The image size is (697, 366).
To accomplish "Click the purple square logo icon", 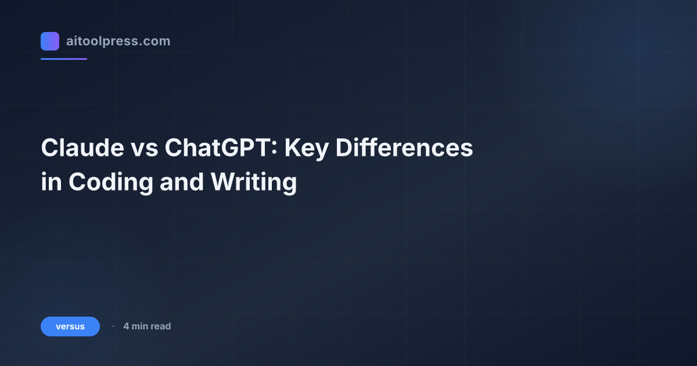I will tap(50, 41).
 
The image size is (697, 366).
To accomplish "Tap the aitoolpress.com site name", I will tap(118, 41).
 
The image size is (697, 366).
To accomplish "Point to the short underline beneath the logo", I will tap(64, 59).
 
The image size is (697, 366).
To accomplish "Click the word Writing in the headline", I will tap(254, 182).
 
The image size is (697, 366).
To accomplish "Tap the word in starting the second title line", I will tap(51, 182).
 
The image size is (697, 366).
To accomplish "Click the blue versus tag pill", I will tap(70, 326).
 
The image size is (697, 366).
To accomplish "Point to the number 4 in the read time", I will tap(126, 326).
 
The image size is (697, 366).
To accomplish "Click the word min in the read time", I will tap(140, 326).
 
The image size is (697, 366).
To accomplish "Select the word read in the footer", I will tap(161, 326).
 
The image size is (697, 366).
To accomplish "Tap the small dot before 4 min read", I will tap(113, 326).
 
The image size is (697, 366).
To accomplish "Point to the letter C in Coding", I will tap(77, 182).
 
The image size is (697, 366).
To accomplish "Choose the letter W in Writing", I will tap(222, 182).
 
